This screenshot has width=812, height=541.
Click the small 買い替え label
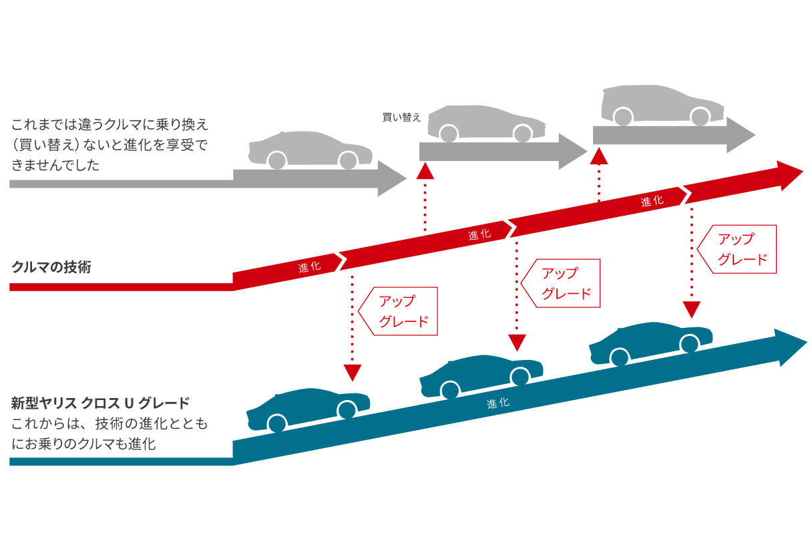click(401, 117)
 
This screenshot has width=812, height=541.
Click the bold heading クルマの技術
click(51, 268)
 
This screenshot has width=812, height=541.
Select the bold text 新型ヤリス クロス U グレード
click(101, 403)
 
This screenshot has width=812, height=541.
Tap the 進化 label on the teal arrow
click(498, 403)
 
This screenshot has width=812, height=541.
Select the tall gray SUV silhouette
click(662, 105)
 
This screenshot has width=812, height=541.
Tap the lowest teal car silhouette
click(308, 409)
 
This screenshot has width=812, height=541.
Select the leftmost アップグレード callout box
click(399, 311)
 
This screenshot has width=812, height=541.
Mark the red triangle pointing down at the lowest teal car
click(352, 372)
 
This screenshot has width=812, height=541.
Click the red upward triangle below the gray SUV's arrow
click(599, 156)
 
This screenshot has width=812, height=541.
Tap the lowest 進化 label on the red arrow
click(310, 266)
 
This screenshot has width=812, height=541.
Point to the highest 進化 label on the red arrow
click(652, 201)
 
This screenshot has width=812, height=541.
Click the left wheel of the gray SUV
click(623, 117)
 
